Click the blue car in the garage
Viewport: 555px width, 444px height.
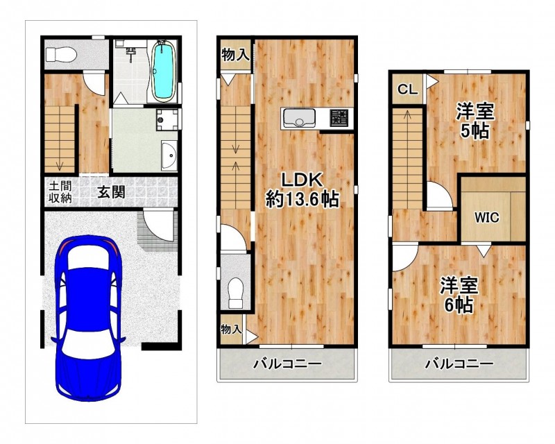[88, 318]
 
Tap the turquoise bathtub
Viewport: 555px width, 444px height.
[163, 71]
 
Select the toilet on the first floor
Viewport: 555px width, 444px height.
[61, 55]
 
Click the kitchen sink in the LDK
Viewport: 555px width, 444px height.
[298, 118]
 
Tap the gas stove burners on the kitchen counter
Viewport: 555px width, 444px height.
[339, 117]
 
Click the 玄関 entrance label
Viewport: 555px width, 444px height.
[112, 192]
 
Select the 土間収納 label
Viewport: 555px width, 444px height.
[60, 192]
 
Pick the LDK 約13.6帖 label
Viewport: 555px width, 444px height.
[302, 190]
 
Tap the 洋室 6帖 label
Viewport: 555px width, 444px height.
[459, 295]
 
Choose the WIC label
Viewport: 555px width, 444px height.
[487, 217]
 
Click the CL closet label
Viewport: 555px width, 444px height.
[407, 89]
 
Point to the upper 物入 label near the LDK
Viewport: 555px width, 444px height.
[235, 55]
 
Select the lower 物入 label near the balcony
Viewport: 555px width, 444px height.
[231, 330]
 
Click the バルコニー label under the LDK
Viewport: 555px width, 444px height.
[287, 364]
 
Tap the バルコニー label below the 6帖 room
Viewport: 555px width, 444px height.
[459, 364]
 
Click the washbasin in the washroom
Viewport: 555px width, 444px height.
[169, 156]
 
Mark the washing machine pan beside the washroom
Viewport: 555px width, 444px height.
[167, 119]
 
